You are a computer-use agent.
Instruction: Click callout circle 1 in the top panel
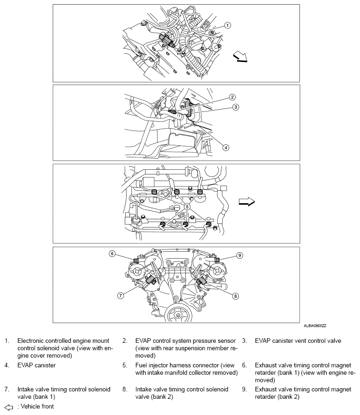click(227, 25)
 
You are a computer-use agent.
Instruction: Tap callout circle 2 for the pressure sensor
click(232, 97)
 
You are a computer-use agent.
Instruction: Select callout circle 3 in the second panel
click(235, 107)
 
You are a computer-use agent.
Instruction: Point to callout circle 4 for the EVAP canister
click(226, 148)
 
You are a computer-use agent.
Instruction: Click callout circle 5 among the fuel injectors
click(187, 204)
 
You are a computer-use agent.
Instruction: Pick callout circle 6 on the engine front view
click(112, 253)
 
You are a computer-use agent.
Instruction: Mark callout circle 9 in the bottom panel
click(239, 255)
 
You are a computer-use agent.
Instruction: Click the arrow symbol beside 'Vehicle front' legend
click(8, 407)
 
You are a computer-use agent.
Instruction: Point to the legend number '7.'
click(7, 390)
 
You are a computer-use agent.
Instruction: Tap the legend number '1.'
click(7, 341)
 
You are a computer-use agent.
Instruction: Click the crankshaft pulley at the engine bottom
click(176, 316)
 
